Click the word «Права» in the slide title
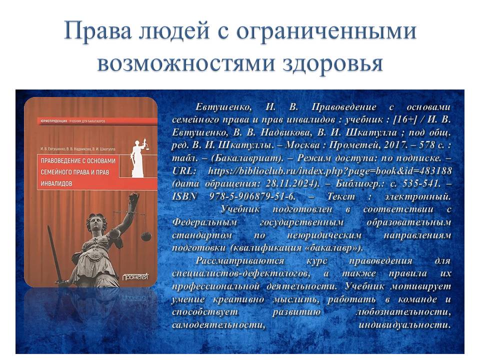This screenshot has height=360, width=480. pos(98,31)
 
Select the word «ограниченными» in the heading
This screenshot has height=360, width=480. pos(326,31)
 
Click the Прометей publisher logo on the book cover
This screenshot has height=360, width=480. pos(135,276)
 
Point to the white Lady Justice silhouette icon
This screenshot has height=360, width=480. pos(138,158)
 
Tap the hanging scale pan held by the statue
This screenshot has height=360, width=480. pos(146,236)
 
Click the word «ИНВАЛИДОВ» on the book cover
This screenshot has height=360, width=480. pos(56,183)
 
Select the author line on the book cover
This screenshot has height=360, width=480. pos(78,149)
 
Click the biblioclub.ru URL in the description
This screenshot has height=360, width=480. pos(330,171)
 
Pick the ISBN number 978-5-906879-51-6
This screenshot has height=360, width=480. pos(252,196)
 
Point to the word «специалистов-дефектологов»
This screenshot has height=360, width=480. pos(241,273)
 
